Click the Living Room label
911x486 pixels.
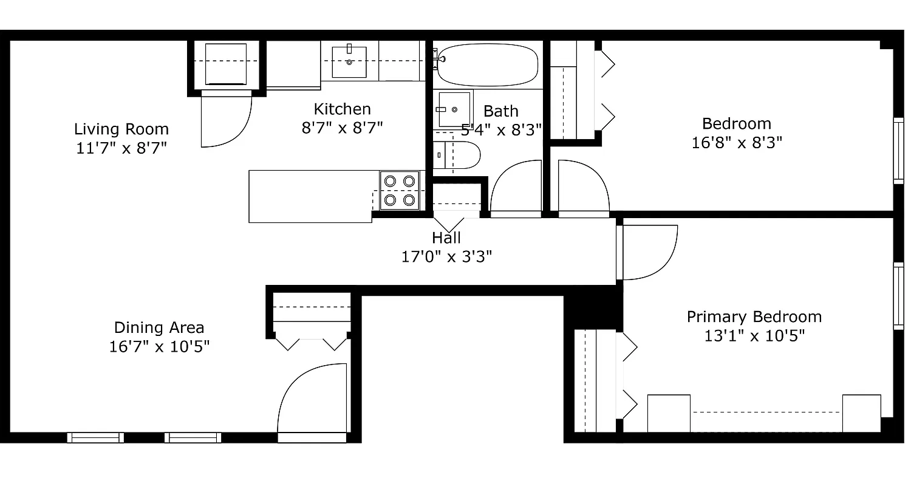click(x=121, y=129)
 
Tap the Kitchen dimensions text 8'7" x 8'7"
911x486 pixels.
click(x=342, y=128)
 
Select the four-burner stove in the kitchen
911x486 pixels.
click(x=400, y=190)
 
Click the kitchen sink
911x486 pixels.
click(x=349, y=61)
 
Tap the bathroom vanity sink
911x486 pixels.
click(x=453, y=110)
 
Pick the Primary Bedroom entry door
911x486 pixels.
click(x=647, y=252)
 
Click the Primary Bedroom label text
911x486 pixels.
click(x=754, y=317)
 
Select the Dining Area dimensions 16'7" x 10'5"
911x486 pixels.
click(x=159, y=347)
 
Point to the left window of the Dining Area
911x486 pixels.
click(x=95, y=437)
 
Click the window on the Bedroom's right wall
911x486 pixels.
click(x=898, y=151)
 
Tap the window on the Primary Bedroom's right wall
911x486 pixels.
click(x=898, y=296)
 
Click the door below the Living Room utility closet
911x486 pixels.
click(x=225, y=120)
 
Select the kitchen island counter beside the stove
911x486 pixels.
click(x=311, y=196)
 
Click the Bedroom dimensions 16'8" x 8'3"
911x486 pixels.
click(x=736, y=143)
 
